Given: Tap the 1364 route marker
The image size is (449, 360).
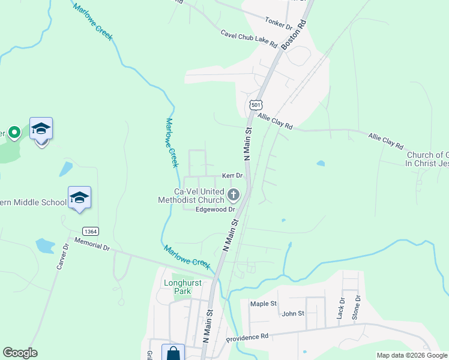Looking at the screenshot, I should (91, 231).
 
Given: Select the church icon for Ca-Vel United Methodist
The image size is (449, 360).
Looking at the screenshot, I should (234, 194).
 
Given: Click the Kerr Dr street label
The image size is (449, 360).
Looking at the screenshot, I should (232, 176).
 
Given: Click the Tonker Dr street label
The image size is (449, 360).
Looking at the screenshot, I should (279, 23).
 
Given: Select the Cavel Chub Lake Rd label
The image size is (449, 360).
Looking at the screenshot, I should (249, 39).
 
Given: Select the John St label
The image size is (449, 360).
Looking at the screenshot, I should (293, 313).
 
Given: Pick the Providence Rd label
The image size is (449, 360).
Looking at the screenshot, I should (247, 338).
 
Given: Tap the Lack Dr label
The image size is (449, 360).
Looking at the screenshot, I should (342, 308).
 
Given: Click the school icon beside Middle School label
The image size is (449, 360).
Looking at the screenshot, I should (79, 197).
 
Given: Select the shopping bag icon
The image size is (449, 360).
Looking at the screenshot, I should (173, 353).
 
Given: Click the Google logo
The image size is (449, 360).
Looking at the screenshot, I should (20, 353).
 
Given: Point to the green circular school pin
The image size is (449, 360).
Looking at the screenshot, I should (14, 131).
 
